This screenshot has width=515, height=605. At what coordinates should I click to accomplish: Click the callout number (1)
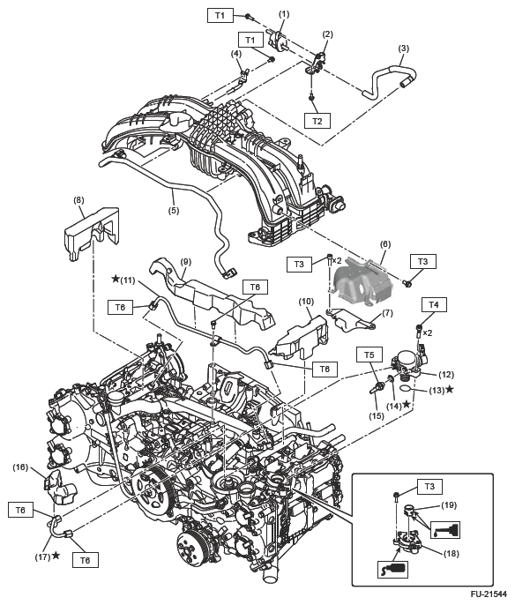284,14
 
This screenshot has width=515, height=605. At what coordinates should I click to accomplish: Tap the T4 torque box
432,304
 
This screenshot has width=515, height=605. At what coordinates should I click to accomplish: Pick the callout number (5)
174,211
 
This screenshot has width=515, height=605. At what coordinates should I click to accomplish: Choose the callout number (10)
305,301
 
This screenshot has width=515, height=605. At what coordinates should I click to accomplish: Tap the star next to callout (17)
56,556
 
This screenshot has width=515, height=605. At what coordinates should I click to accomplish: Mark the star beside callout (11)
115,279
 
